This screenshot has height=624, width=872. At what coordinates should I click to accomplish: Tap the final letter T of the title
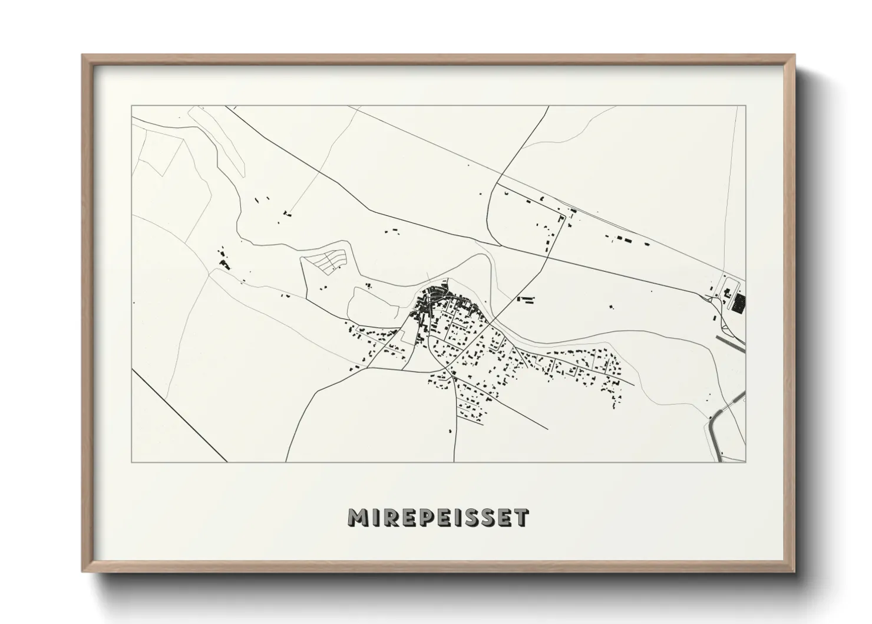click(521, 517)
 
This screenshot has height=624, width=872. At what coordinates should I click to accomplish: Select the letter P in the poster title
click(425, 517)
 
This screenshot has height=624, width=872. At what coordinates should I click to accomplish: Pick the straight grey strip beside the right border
click(731, 343)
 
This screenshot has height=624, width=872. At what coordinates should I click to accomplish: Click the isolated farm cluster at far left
click(223, 260)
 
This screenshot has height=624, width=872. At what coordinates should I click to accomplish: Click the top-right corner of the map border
click(745, 106)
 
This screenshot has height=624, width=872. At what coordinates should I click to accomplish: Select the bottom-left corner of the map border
click(132, 462)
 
